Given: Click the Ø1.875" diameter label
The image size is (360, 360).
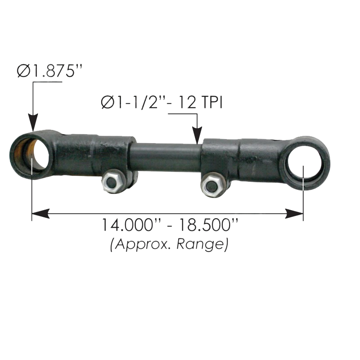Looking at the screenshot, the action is click(49, 71).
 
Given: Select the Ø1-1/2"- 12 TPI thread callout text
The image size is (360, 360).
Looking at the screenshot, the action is click(162, 102).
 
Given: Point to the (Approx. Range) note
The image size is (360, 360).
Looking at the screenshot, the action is click(170, 244).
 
